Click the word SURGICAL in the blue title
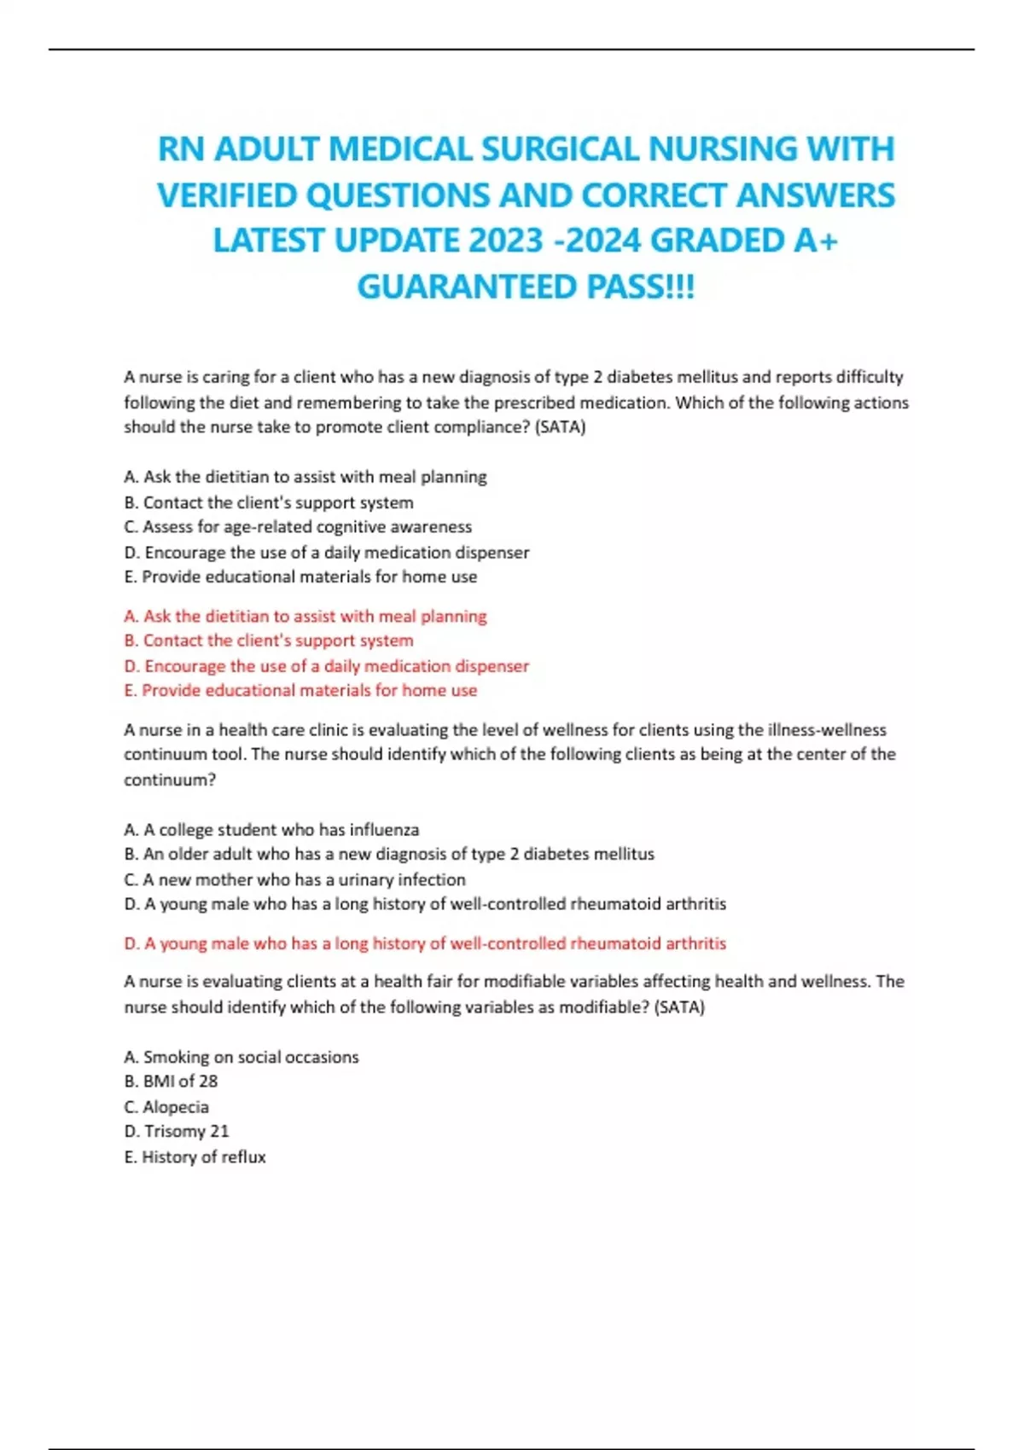pyautogui.click(x=560, y=149)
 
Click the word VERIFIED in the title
pyautogui.click(x=226, y=195)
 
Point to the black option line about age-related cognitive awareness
pyautogui.click(x=298, y=527)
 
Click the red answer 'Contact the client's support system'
pyautogui.click(x=269, y=641)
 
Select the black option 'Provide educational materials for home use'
pyautogui.click(x=300, y=577)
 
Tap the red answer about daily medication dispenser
pyautogui.click(x=327, y=665)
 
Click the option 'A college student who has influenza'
pyautogui.click(x=271, y=829)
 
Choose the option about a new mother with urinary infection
pyautogui.click(x=294, y=879)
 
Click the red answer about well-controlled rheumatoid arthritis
pyautogui.click(x=425, y=943)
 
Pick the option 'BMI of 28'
pyautogui.click(x=171, y=1082)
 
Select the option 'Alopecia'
pyautogui.click(x=166, y=1107)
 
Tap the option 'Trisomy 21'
pyautogui.click(x=177, y=1132)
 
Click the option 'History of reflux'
pyautogui.click(x=195, y=1157)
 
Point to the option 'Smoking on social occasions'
pyautogui.click(x=241, y=1057)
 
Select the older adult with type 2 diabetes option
pyautogui.click(x=389, y=854)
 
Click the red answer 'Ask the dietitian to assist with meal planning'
pyautogui.click(x=305, y=616)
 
